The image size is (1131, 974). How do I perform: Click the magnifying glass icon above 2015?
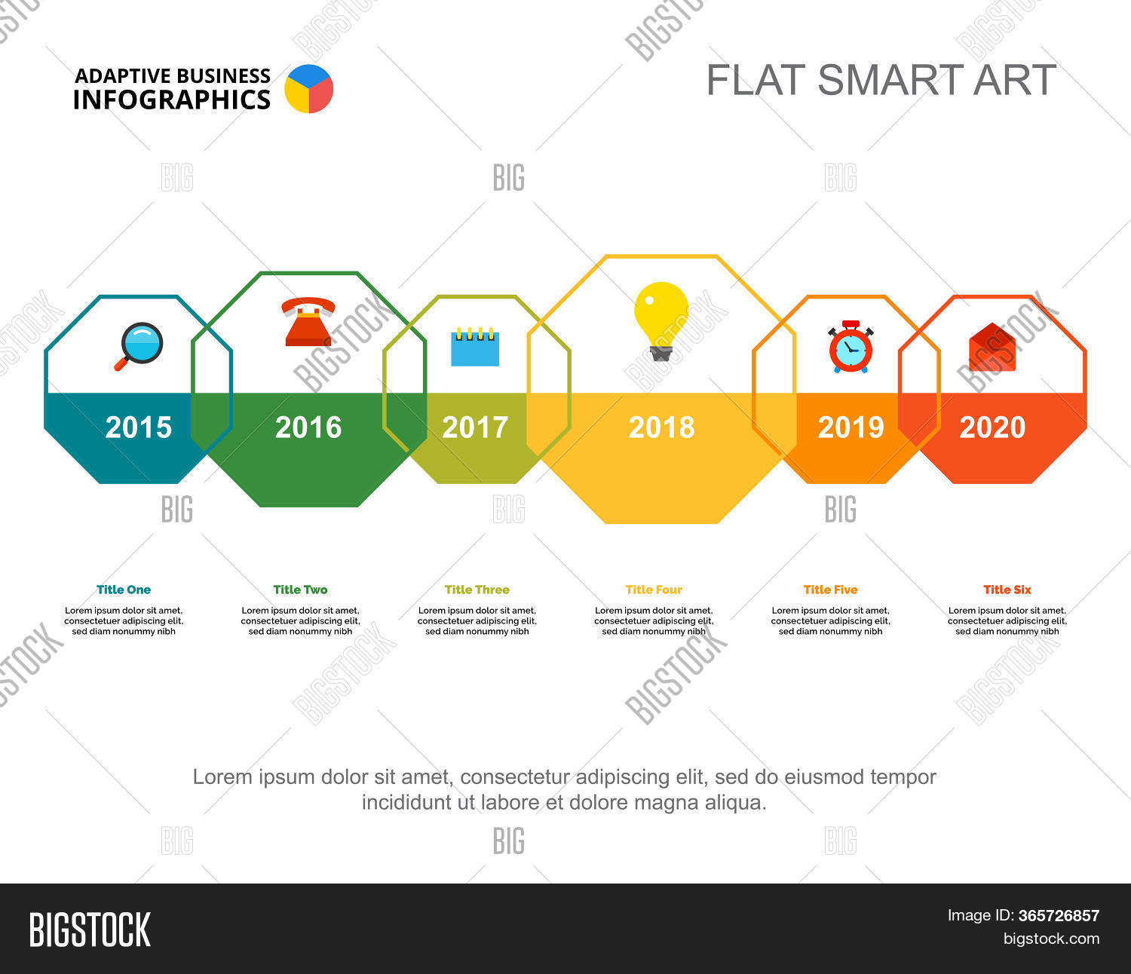click(139, 346)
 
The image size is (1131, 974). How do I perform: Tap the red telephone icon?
click(308, 321)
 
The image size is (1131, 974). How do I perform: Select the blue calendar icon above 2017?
click(475, 347)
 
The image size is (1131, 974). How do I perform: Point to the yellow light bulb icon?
click(661, 320)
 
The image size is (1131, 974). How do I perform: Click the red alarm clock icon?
click(851, 347)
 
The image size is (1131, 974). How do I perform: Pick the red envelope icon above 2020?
click(992, 348)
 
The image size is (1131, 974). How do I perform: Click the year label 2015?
click(139, 427)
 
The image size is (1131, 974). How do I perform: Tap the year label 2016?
click(308, 427)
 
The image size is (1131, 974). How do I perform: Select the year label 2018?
click(661, 427)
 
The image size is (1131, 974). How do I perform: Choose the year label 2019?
click(851, 427)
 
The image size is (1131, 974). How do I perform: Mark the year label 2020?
click(992, 427)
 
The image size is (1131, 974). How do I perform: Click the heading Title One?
click(124, 590)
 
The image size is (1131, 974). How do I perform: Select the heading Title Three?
click(477, 590)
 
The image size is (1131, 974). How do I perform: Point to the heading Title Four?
click(654, 590)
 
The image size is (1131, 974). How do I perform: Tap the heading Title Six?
click(1007, 590)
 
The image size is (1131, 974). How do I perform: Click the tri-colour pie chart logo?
click(308, 89)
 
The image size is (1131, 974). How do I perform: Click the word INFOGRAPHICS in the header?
click(172, 100)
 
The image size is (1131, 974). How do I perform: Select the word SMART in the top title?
click(889, 80)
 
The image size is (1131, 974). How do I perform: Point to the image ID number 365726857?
click(1059, 916)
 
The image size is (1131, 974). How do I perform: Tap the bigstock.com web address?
click(1051, 939)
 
